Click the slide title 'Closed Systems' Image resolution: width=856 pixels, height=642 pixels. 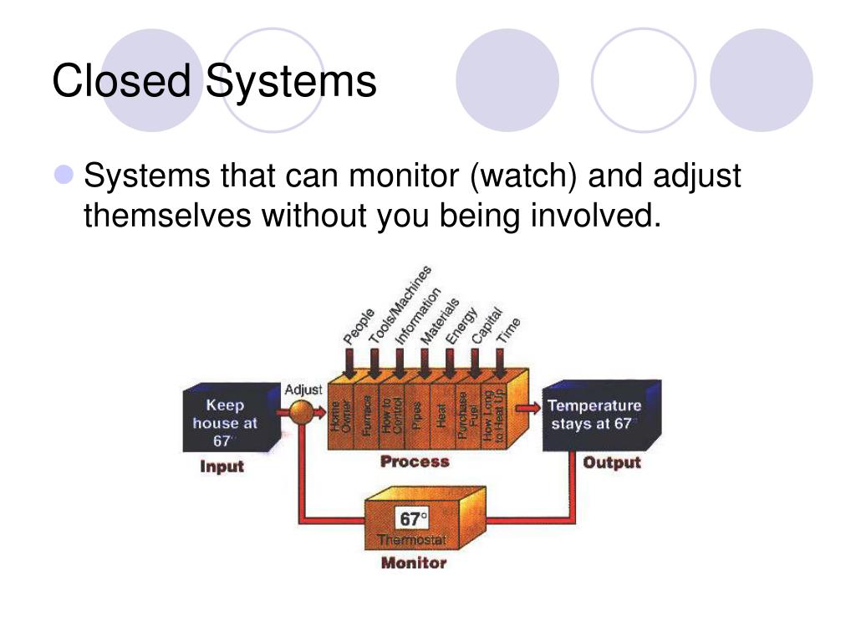click(x=214, y=82)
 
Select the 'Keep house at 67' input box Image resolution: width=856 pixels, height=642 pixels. click(x=226, y=422)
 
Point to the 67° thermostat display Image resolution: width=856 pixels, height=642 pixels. click(x=413, y=519)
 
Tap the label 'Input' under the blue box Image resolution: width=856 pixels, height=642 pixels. click(x=222, y=467)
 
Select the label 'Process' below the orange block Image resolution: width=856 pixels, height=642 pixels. click(x=415, y=461)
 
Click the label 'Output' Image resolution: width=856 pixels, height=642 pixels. click(x=611, y=462)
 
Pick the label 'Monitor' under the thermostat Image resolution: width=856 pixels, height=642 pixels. click(x=414, y=563)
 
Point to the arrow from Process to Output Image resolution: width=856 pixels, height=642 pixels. click(x=527, y=407)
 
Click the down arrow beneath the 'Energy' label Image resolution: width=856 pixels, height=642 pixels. click(x=450, y=364)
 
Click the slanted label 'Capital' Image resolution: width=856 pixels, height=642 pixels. click(x=487, y=325)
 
